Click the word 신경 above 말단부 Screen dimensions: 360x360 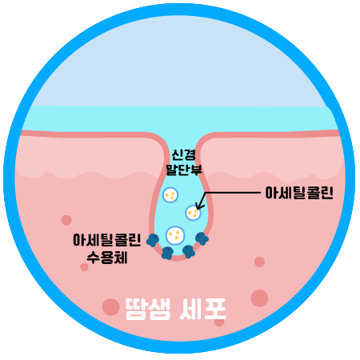tap(184, 154)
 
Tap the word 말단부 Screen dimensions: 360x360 tap(184, 169)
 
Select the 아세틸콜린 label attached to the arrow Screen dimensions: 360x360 tap(299, 193)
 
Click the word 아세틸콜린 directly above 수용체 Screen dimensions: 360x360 tap(106, 240)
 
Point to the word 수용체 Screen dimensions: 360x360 tap(107, 258)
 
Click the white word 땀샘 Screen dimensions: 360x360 tap(148, 309)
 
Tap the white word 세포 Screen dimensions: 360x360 tap(202, 309)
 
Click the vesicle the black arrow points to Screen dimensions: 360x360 tap(193, 213)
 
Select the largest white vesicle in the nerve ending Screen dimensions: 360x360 tap(175, 235)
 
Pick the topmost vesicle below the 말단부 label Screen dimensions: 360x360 tap(170, 195)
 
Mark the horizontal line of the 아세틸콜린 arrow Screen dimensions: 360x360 tap(233, 193)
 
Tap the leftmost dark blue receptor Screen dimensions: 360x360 tap(153, 240)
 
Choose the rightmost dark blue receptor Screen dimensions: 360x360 tap(202, 238)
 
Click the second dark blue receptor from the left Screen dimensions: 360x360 tap(167, 253)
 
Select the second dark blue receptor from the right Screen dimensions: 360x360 tap(189, 251)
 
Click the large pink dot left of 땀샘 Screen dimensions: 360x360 tap(110, 307)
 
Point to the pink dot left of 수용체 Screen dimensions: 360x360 tap(84, 267)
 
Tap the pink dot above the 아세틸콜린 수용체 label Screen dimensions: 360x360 tap(66, 220)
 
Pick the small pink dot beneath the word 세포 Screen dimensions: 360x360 tap(219, 322)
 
